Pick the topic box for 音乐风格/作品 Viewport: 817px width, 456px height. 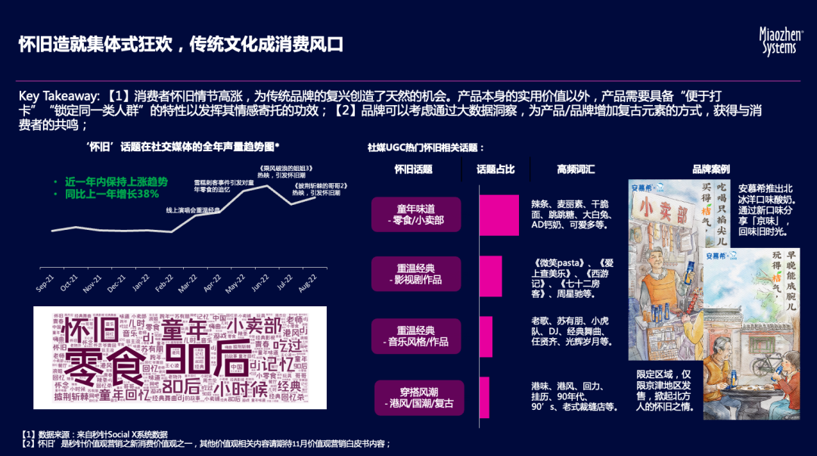coord(416,336)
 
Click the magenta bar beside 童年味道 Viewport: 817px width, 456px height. coord(499,215)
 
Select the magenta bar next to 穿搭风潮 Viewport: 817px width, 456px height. coord(484,397)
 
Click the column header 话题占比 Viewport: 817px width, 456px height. coord(495,169)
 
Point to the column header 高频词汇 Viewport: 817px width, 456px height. coord(576,169)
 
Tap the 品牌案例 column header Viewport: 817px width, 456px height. coord(710,169)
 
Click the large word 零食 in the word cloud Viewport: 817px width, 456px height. coord(106,366)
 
